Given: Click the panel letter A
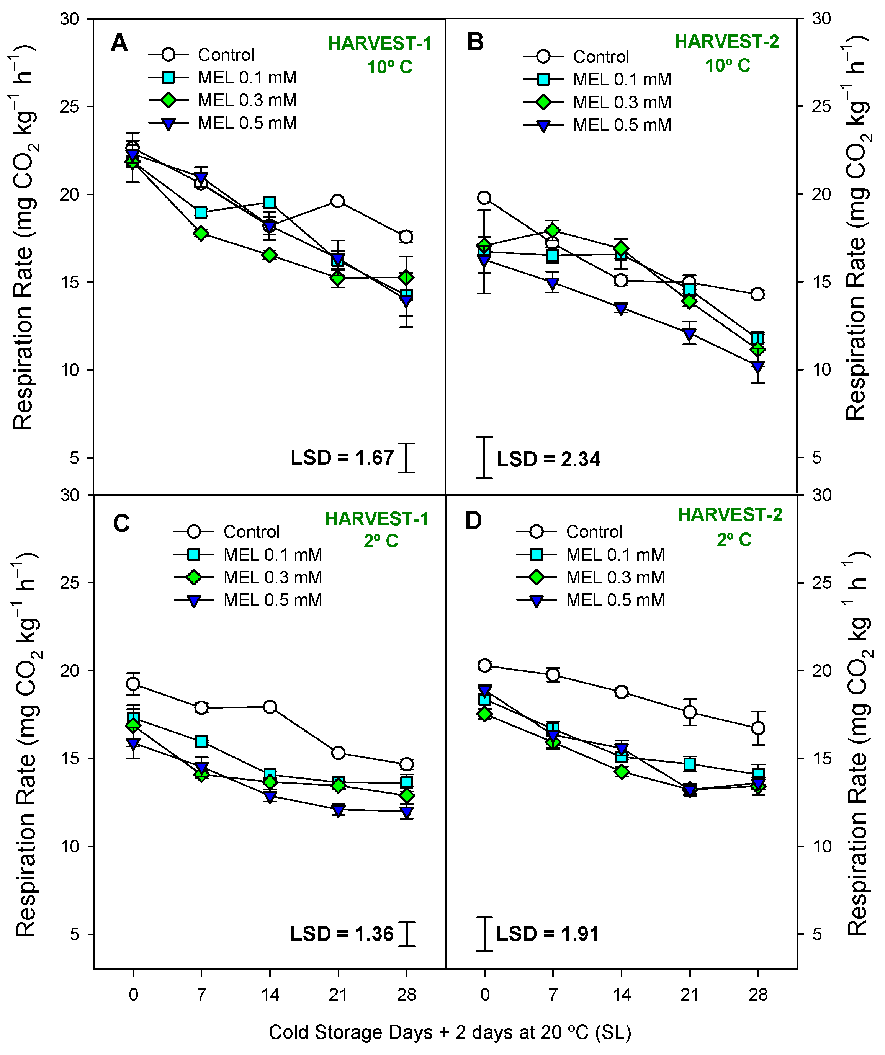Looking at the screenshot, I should [119, 43].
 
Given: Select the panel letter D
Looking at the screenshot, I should [473, 521].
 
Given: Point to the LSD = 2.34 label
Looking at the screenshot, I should [548, 459].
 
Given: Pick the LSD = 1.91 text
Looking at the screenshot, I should [547, 934].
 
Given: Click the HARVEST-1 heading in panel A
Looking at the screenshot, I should [380, 44].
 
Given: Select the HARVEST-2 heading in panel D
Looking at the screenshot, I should [730, 515].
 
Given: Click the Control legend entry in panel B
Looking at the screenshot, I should [601, 57].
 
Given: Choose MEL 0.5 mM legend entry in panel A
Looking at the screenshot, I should [247, 123].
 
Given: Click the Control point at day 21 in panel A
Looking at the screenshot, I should [338, 201].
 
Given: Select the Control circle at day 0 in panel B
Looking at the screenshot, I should [484, 198].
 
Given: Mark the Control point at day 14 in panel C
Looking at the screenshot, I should [270, 707].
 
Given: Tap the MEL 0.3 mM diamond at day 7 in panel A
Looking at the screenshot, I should [201, 234].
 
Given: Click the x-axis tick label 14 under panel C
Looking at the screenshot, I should [270, 994].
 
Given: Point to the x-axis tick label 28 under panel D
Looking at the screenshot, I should [758, 994].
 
